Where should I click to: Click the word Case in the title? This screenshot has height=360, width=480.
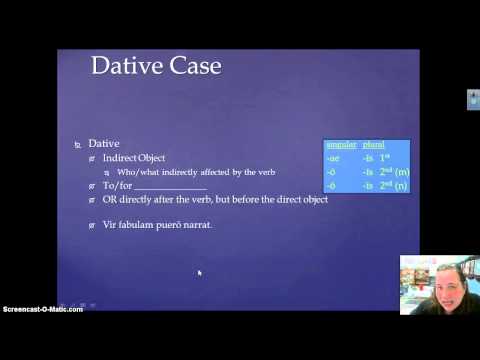pyautogui.click(x=192, y=67)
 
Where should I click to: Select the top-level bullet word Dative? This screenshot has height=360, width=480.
pyautogui.click(x=104, y=144)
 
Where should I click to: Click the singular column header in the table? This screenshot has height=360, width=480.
pyautogui.click(x=340, y=145)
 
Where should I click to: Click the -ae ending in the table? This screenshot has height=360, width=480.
pyautogui.click(x=332, y=158)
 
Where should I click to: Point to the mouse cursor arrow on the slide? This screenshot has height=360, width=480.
pyautogui.click(x=199, y=272)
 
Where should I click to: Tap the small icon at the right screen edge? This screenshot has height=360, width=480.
pyautogui.click(x=473, y=100)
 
